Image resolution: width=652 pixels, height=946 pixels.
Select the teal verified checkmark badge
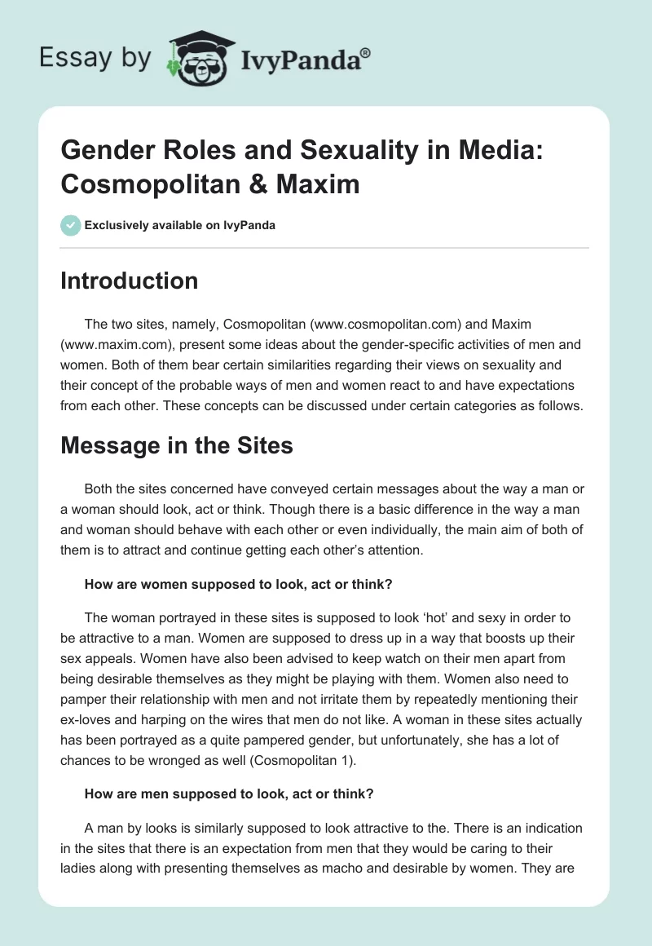pos(70,225)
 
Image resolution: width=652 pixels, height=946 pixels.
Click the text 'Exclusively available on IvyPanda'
pos(179,225)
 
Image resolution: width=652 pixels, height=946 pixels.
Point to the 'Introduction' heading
pos(129,281)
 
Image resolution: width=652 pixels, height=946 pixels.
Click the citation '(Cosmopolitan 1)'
pos(315,761)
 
